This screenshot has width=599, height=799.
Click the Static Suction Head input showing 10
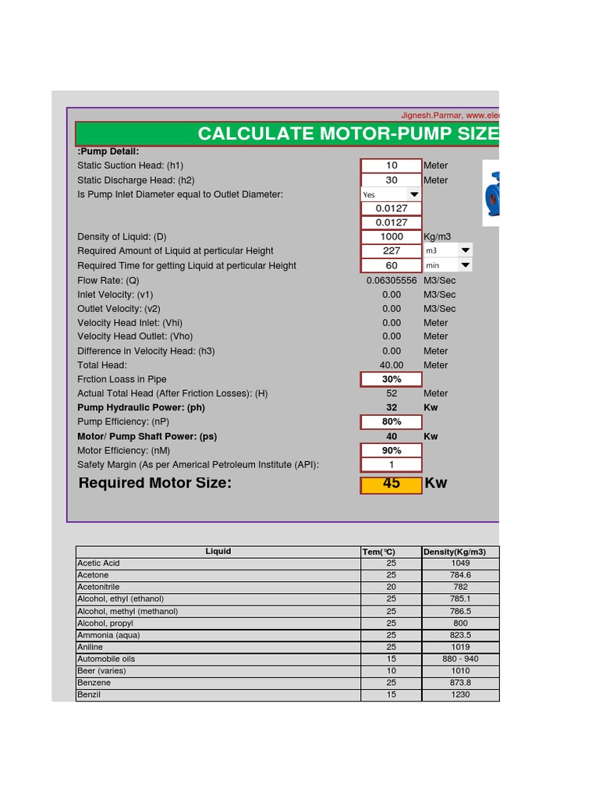pyautogui.click(x=392, y=165)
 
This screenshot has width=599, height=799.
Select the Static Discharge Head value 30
pyautogui.click(x=392, y=180)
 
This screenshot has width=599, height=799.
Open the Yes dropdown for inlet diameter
pyautogui.click(x=414, y=194)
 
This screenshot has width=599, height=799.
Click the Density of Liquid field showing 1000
pyautogui.click(x=392, y=236)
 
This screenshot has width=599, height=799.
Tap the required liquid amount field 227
pyautogui.click(x=392, y=250)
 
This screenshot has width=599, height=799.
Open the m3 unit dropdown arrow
pyautogui.click(x=465, y=250)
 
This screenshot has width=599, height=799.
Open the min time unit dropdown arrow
pyautogui.click(x=465, y=265)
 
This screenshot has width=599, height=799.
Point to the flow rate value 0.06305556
pyautogui.click(x=392, y=280)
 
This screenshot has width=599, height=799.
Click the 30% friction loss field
pyautogui.click(x=392, y=379)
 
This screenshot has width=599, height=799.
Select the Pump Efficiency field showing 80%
pyautogui.click(x=392, y=422)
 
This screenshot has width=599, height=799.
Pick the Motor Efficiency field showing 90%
pyautogui.click(x=392, y=450)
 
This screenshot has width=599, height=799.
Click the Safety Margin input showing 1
pyautogui.click(x=392, y=465)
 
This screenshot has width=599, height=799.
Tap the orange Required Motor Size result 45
pyautogui.click(x=392, y=485)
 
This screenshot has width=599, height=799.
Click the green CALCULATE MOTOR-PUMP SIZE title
pyautogui.click(x=348, y=133)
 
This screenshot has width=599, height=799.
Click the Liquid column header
pyautogui.click(x=218, y=552)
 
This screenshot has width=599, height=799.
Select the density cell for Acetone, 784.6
pyautogui.click(x=460, y=575)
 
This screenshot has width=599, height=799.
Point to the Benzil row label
pyautogui.click(x=89, y=694)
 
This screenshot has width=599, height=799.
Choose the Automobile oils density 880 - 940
pyautogui.click(x=460, y=659)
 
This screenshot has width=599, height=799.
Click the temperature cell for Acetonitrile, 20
pyautogui.click(x=391, y=587)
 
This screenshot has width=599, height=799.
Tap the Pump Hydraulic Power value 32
pyautogui.click(x=392, y=407)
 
